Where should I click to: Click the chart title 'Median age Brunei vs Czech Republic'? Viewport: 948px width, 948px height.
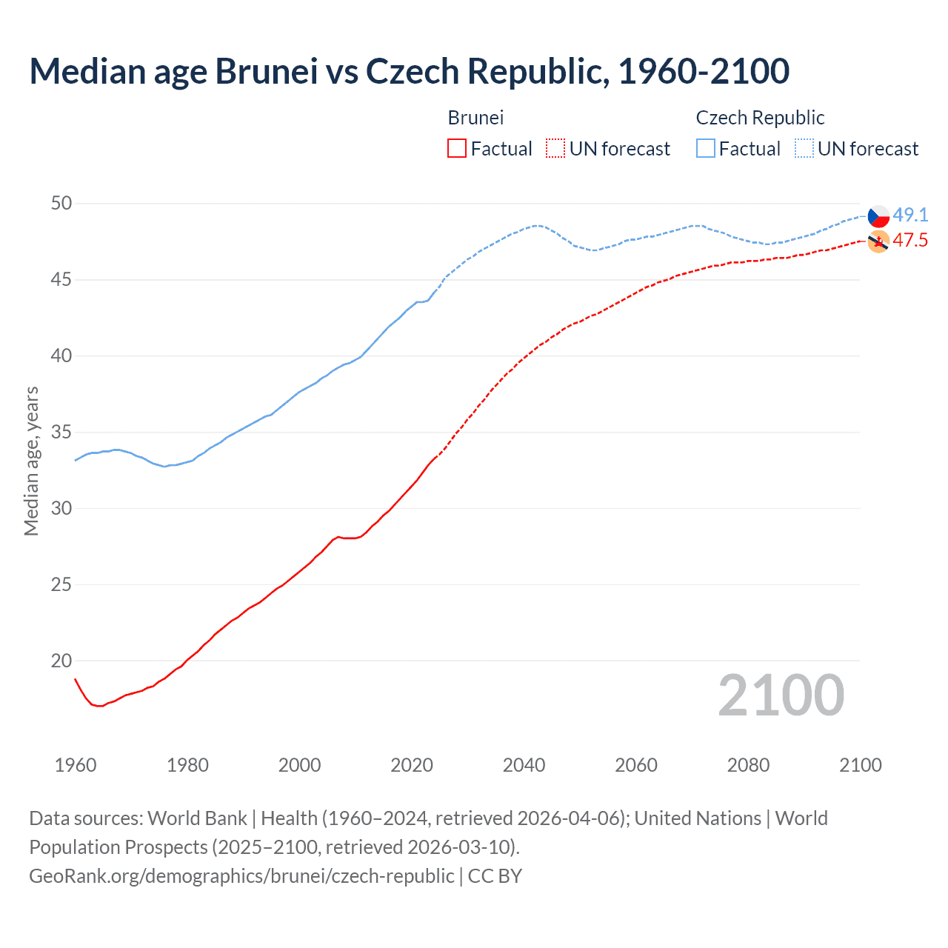[x=409, y=72]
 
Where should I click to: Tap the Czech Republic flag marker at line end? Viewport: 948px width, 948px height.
[x=878, y=216]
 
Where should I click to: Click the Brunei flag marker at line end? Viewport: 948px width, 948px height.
[x=878, y=241]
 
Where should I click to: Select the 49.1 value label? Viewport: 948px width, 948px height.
[x=910, y=216]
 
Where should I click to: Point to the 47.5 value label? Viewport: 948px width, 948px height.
[x=910, y=241]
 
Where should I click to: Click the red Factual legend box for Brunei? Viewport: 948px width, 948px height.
[x=457, y=149]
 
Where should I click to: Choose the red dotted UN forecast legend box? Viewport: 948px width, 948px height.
[x=555, y=149]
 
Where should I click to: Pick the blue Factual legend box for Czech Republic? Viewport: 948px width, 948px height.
[x=706, y=149]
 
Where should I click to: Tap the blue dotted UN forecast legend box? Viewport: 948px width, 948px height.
[x=804, y=149]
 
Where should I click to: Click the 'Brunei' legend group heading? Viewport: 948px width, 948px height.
[x=475, y=118]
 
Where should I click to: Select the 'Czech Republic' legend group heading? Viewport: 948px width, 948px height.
[x=760, y=118]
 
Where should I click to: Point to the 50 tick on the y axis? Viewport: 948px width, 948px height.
[x=61, y=204]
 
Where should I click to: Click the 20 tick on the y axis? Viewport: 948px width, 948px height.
[x=61, y=661]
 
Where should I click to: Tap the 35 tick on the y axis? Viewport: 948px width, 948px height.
[x=61, y=433]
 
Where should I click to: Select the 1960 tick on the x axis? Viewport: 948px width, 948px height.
[x=76, y=765]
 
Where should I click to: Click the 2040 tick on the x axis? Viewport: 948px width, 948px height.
[x=524, y=765]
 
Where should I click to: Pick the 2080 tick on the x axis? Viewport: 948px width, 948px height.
[x=748, y=765]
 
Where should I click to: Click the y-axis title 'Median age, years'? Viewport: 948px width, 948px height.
[x=31, y=461]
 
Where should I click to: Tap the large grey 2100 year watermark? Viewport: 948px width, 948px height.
[x=781, y=695]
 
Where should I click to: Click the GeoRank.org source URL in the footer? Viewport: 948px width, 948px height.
[x=241, y=876]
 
